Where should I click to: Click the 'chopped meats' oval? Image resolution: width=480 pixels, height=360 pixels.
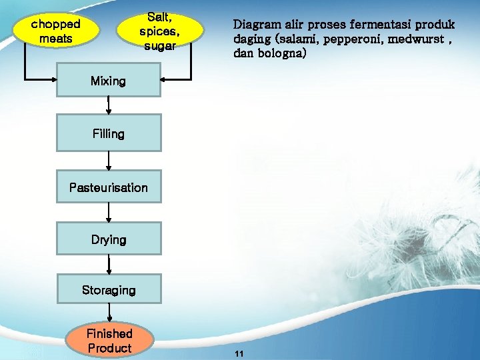click(57, 31)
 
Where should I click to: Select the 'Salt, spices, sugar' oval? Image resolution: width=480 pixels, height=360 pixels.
click(158, 31)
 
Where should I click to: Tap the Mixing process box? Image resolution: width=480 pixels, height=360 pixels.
click(108, 81)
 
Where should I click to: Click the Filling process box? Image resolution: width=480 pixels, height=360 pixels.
click(109, 133)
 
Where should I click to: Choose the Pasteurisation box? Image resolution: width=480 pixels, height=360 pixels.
click(109, 187)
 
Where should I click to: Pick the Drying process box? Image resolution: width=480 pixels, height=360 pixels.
click(109, 239)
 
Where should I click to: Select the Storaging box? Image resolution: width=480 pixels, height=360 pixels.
click(109, 290)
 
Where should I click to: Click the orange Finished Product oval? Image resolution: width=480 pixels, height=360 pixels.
click(109, 340)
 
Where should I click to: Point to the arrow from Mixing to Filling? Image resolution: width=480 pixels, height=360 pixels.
click(109, 105)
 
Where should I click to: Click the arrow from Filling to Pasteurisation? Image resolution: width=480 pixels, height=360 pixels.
click(109, 160)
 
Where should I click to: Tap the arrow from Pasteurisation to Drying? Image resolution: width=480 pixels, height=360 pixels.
click(109, 213)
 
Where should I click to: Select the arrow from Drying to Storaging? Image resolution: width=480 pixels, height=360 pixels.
click(109, 264)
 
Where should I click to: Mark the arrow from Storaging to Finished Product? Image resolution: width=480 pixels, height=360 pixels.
click(109, 315)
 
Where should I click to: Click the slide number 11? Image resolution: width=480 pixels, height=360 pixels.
click(239, 354)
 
